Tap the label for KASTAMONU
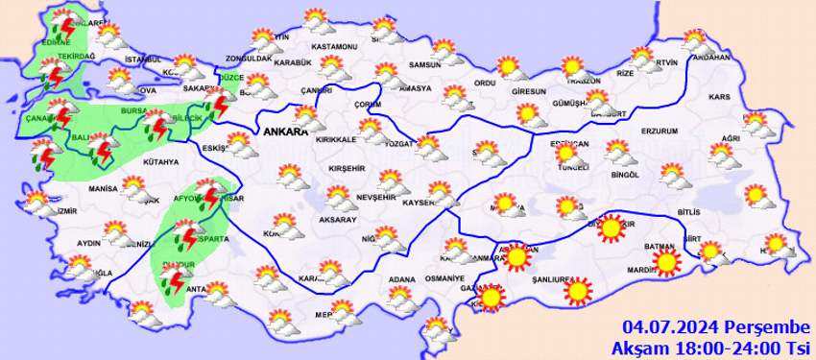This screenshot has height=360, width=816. tap(334, 47)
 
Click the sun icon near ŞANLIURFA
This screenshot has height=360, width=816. tap(576, 290)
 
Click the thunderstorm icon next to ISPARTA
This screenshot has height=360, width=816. tap(187, 236)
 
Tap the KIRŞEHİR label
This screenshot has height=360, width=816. tap(346, 167)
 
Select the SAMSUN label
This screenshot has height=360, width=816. tap(423, 64)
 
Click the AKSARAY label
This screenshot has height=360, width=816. tap(337, 220)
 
